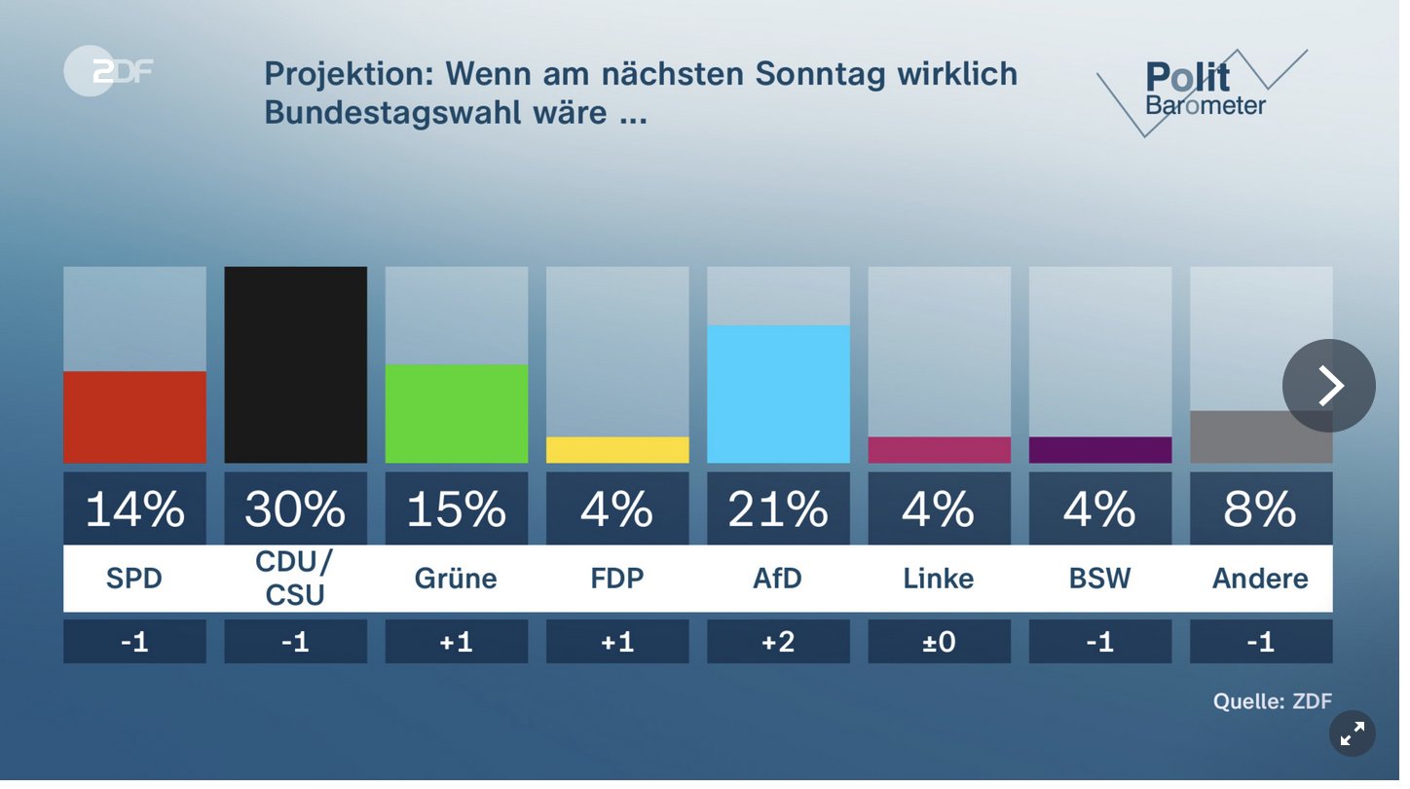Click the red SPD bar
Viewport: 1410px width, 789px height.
tap(134, 417)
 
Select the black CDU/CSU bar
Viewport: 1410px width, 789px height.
tap(295, 365)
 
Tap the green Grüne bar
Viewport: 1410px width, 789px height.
tap(457, 414)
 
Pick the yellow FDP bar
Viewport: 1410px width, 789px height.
tap(617, 450)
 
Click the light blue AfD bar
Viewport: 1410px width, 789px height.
tap(778, 394)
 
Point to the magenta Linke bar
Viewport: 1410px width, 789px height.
tap(939, 450)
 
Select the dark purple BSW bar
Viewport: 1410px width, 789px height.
tap(1099, 450)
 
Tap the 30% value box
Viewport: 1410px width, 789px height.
tap(295, 508)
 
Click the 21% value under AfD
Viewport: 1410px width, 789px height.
tap(778, 508)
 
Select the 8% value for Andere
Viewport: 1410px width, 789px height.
tap(1261, 508)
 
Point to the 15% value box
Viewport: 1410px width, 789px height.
tap(457, 508)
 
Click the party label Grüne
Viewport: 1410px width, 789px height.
tap(457, 579)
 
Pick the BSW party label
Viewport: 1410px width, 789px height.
tap(1099, 579)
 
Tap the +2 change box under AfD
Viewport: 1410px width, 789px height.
tap(778, 642)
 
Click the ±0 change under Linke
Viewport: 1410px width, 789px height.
tap(939, 642)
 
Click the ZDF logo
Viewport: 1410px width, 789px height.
tap(107, 71)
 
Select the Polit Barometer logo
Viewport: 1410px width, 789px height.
tap(1204, 91)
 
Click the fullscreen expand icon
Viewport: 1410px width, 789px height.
tap(1352, 734)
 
